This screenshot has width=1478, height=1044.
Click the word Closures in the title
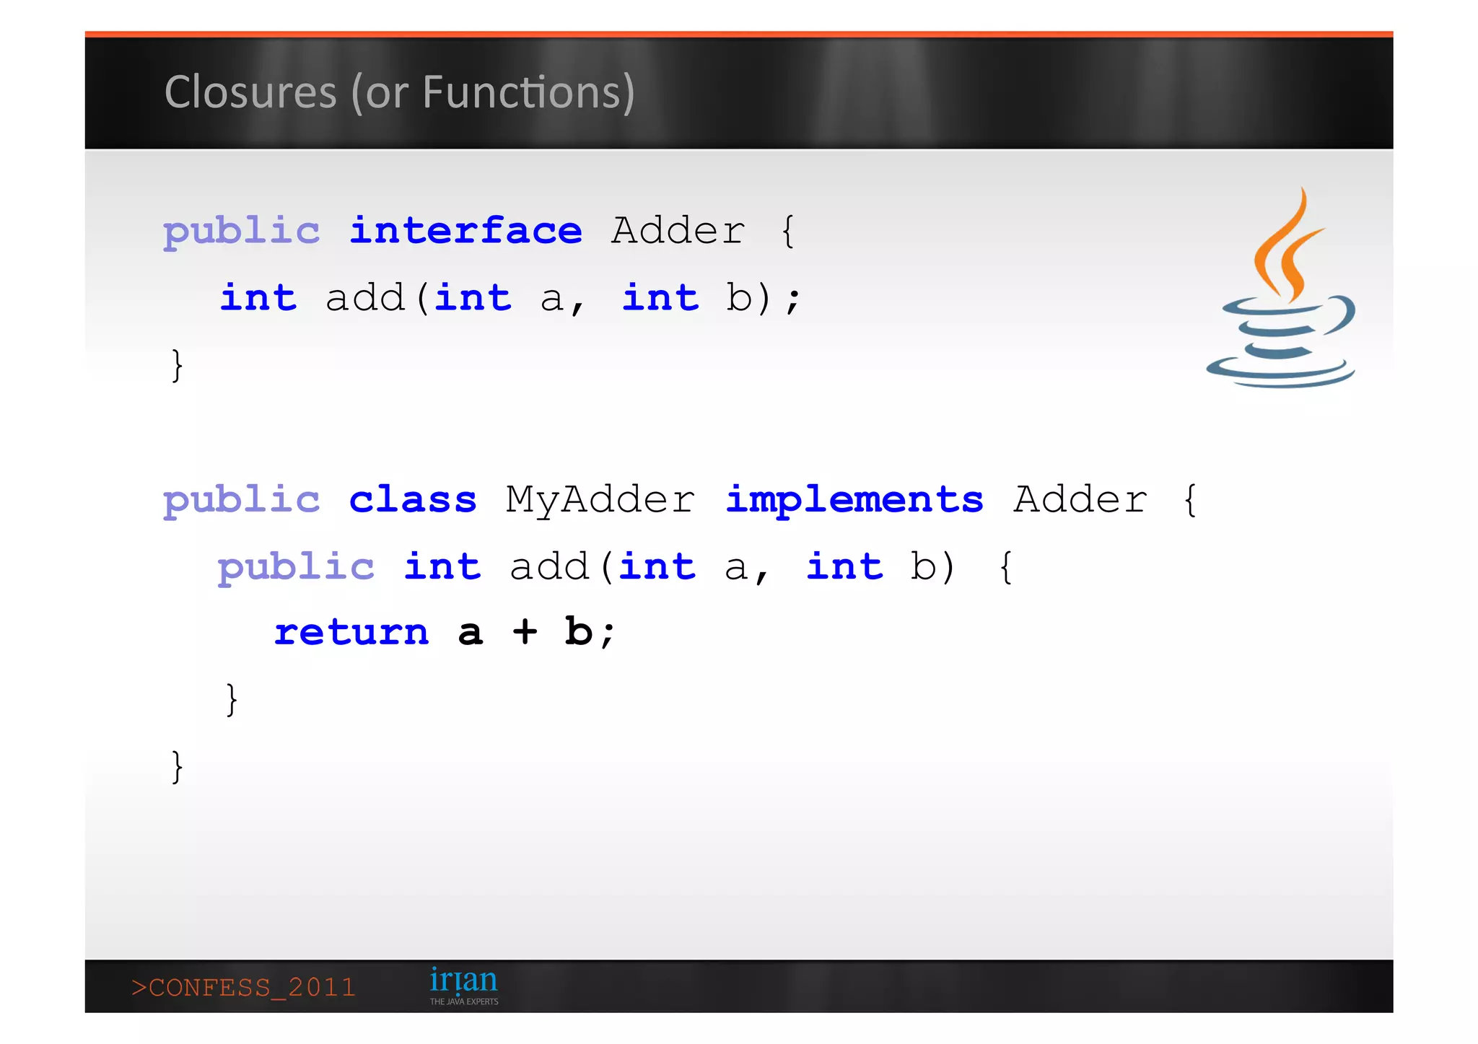pos(250,92)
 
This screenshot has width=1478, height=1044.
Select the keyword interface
pos(465,232)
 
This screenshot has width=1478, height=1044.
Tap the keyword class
pos(413,499)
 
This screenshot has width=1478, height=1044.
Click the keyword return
pos(351,633)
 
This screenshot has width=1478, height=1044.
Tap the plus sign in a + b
pos(525,633)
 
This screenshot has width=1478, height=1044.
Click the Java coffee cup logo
pos(1281,339)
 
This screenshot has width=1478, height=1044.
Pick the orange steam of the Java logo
pos(1287,245)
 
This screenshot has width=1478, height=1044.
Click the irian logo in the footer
pos(463,981)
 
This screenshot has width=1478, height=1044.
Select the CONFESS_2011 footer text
pos(244,987)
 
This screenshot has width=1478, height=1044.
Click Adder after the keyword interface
pos(678,232)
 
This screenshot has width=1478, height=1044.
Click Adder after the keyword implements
pos(1080,499)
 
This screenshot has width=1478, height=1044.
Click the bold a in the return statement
pos(470,633)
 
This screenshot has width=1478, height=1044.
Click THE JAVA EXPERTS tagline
pos(464,1001)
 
